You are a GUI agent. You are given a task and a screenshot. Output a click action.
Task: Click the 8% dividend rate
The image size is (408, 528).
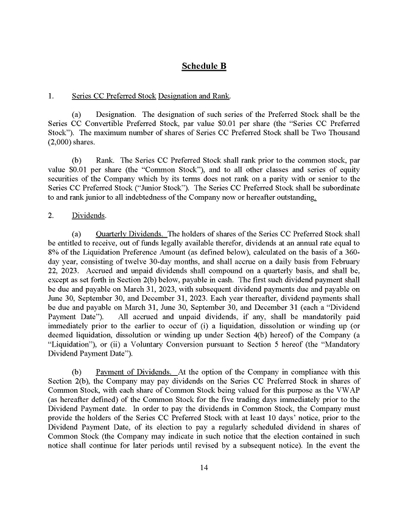[54, 252]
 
